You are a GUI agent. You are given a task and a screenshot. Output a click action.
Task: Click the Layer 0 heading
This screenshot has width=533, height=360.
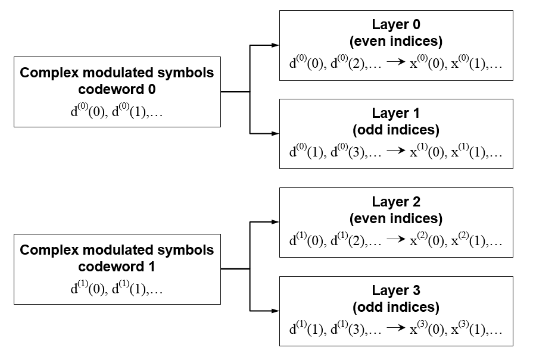tap(396, 26)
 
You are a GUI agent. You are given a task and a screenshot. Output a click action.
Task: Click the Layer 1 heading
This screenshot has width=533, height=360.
tap(396, 114)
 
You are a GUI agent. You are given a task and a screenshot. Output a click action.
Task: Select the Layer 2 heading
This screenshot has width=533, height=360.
tap(396, 203)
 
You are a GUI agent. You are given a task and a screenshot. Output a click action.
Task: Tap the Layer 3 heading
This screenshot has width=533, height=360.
tap(396, 292)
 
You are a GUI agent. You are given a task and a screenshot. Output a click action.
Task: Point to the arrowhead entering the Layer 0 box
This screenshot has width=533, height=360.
tap(275, 45)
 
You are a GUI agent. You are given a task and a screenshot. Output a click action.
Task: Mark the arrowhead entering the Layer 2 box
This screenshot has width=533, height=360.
tap(275, 222)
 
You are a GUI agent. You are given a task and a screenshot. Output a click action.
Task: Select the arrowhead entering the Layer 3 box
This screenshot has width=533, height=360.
tap(275, 311)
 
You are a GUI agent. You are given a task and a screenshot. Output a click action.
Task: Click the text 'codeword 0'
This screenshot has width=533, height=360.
tap(117, 90)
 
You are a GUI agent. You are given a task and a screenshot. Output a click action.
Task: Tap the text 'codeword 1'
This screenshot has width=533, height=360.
tap(117, 267)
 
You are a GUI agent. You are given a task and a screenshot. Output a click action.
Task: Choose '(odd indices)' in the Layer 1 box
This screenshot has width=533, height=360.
tap(396, 130)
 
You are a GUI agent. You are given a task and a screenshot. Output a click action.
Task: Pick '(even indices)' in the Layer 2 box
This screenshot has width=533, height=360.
tap(396, 218)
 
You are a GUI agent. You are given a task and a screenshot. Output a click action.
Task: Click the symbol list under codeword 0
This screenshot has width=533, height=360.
tap(117, 111)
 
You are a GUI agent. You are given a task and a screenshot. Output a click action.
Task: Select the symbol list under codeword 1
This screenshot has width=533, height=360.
tap(117, 289)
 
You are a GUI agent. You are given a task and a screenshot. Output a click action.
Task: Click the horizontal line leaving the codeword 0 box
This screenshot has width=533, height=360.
tap(235, 92)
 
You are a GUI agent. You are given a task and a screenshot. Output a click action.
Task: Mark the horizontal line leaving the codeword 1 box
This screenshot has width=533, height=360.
tap(235, 269)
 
